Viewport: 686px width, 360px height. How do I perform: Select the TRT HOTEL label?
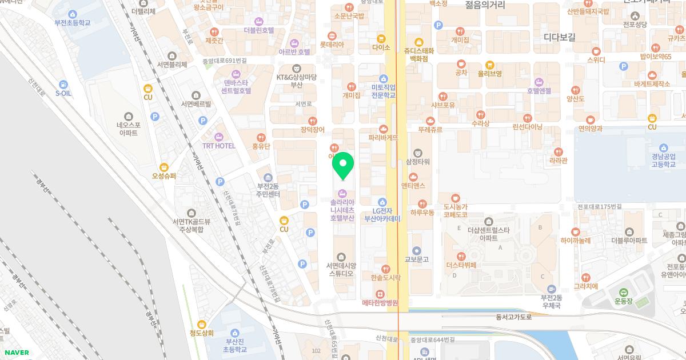coord(218,146)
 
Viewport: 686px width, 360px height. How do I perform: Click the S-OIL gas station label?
coord(63,93)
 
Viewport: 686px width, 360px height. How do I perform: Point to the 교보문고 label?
coord(416,259)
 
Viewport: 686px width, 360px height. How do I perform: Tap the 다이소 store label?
coord(381,47)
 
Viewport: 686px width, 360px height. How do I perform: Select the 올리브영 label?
coord(490,73)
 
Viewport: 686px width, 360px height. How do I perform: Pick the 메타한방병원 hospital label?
coord(380,302)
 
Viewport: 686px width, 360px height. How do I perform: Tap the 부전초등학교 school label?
coord(73,22)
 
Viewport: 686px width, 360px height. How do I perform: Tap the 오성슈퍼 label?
coord(164,176)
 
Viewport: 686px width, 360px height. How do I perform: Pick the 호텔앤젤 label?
coord(539,90)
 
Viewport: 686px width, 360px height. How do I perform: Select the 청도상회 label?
coord(202,333)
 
